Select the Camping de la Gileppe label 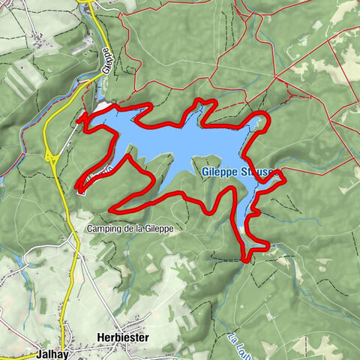click(130, 229)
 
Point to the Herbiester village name click(123, 337)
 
